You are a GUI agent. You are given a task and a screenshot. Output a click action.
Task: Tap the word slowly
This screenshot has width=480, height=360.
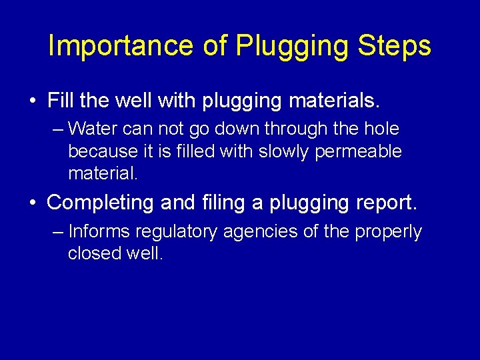click(x=281, y=151)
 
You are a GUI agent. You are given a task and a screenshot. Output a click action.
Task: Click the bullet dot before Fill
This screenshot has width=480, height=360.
click(x=33, y=102)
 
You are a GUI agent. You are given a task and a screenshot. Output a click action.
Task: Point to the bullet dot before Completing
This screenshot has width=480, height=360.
click(x=33, y=203)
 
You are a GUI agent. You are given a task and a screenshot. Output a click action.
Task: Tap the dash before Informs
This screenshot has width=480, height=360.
click(x=57, y=232)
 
